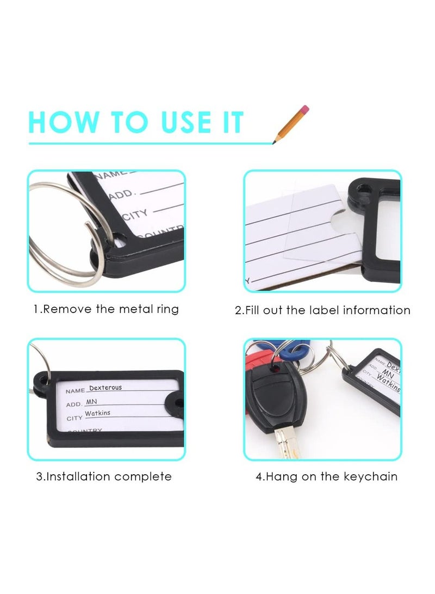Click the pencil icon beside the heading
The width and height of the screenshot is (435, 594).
click(291, 124)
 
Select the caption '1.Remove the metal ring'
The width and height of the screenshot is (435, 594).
click(105, 309)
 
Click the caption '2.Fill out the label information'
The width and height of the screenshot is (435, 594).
click(322, 310)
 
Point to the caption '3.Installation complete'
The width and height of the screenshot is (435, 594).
click(104, 476)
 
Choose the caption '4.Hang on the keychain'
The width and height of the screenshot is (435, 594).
click(326, 476)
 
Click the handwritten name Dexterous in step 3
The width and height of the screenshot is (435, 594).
click(105, 388)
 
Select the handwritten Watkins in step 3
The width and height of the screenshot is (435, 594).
click(97, 413)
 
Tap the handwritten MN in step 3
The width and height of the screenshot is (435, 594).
click(91, 401)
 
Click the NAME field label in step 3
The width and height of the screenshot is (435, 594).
click(75, 391)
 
